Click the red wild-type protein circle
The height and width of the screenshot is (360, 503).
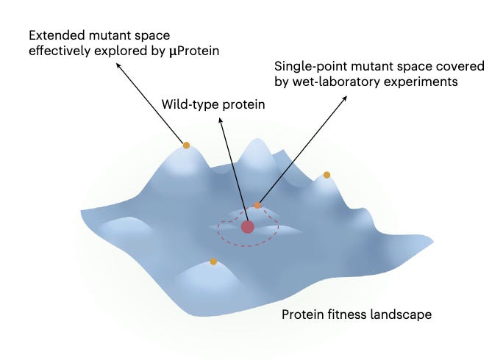247,226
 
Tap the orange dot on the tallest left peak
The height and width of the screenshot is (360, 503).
186,145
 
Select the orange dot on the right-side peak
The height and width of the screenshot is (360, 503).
327,175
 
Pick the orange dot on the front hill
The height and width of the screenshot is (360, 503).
213,261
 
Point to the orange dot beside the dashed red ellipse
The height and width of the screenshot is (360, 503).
257,206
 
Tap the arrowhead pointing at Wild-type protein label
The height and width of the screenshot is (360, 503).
221,115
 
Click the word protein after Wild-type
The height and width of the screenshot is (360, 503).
243,104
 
